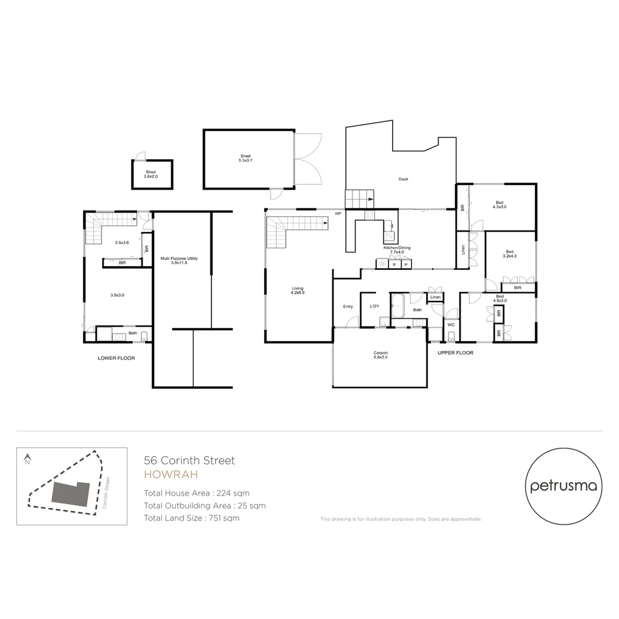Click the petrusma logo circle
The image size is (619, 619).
(563, 485)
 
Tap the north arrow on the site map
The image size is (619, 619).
(27, 459)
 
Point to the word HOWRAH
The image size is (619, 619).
(171, 475)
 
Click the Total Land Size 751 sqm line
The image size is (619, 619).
(191, 518)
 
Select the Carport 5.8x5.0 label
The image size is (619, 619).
(381, 355)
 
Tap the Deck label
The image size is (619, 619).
(403, 179)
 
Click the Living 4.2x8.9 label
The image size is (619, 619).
(297, 290)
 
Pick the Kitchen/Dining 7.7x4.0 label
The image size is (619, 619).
(397, 250)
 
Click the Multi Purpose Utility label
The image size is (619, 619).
(182, 260)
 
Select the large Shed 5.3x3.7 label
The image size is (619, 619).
(245, 158)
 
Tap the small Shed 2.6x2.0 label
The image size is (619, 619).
(151, 174)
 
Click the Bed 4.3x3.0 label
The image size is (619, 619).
(498, 205)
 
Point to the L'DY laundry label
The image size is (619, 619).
(375, 307)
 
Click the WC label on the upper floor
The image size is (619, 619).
(451, 324)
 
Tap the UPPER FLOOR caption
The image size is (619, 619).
(456, 353)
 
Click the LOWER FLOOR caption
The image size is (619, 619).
(116, 358)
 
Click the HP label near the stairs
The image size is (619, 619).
(339, 214)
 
